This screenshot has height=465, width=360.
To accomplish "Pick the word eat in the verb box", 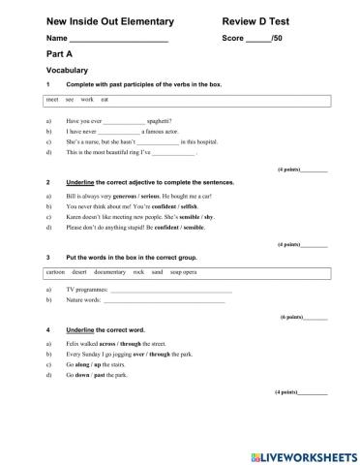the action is pyautogui.click(x=105, y=100).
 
